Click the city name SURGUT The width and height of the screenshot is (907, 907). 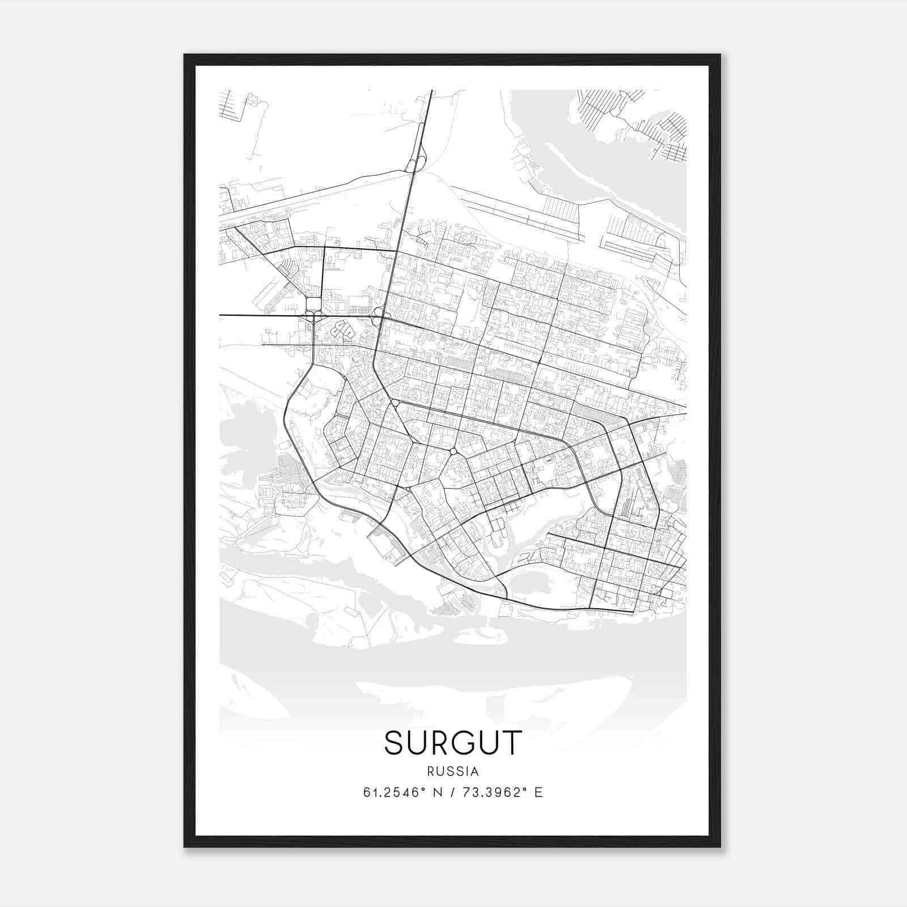(x=453, y=743)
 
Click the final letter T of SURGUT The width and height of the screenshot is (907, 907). (x=511, y=743)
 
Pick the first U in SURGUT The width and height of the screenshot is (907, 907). (x=418, y=743)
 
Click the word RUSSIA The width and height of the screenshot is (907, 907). (x=453, y=772)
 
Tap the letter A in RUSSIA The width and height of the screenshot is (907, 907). (x=475, y=772)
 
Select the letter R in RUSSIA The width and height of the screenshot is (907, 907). (x=431, y=772)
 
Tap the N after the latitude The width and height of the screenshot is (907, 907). (x=436, y=792)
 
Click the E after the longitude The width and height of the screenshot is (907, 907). (x=539, y=792)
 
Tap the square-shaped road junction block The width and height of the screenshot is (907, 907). (x=313, y=304)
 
